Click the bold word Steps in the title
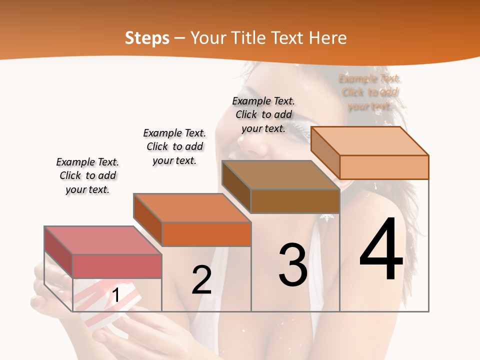pyautogui.click(x=147, y=38)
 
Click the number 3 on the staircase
pyautogui.click(x=293, y=265)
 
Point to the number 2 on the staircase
pyautogui.click(x=201, y=280)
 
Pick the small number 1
pyautogui.click(x=115, y=295)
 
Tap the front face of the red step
pyautogui.click(x=117, y=266)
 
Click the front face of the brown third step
pyautogui.click(x=295, y=201)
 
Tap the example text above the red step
pyautogui.click(x=87, y=175)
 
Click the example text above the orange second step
pyautogui.click(x=174, y=146)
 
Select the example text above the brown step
pyautogui.click(x=263, y=114)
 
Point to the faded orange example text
pyautogui.click(x=369, y=92)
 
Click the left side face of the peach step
pyautogui.click(x=325, y=152)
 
